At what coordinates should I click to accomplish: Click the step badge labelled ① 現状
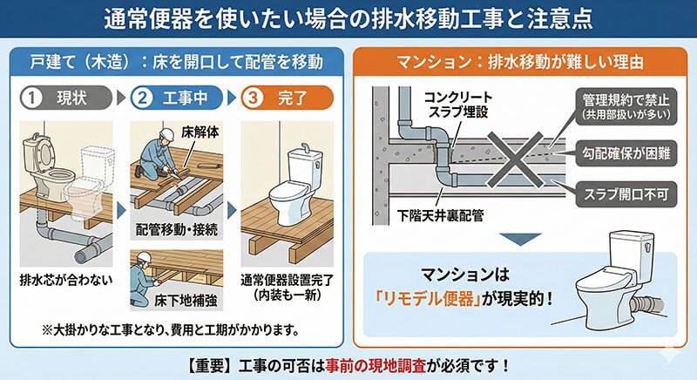[x=66, y=98]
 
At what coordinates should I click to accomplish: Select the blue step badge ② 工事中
[x=177, y=98]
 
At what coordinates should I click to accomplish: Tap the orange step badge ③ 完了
[x=288, y=98]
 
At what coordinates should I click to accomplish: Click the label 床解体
[x=200, y=132]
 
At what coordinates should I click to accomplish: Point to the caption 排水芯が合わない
[x=66, y=280]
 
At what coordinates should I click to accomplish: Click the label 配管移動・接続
[x=177, y=229]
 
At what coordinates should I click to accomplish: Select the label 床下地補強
[x=186, y=301]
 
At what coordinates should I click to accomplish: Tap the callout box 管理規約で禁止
[x=626, y=106]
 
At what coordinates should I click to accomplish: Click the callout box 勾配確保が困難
[x=626, y=153]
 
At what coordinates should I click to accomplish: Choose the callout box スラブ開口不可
[x=626, y=194]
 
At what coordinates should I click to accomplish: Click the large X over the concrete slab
[x=515, y=159]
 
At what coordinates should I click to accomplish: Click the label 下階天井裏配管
[x=440, y=216]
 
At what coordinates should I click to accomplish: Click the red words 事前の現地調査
[x=376, y=366]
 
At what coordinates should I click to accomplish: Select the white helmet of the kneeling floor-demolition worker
[x=166, y=133]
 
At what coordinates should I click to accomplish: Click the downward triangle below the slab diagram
[x=520, y=239]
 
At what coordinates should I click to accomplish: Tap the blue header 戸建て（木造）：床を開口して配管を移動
[x=177, y=62]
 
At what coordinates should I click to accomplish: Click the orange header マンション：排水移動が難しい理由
[x=520, y=62]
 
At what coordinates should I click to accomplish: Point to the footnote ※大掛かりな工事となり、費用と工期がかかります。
[x=170, y=330]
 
